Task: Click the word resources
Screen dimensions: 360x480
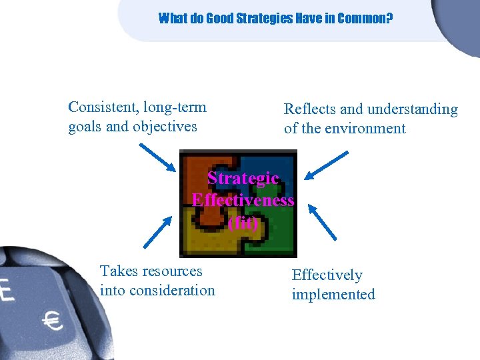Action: coord(171,271)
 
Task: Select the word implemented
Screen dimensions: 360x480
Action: coord(333,294)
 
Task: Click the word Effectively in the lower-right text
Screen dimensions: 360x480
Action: coord(327,275)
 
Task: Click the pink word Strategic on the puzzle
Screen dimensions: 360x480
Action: coord(244,179)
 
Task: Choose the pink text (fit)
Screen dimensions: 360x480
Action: coord(243,223)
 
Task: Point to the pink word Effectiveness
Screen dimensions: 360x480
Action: coord(243,201)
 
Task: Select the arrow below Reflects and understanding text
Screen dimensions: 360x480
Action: coord(326,165)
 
